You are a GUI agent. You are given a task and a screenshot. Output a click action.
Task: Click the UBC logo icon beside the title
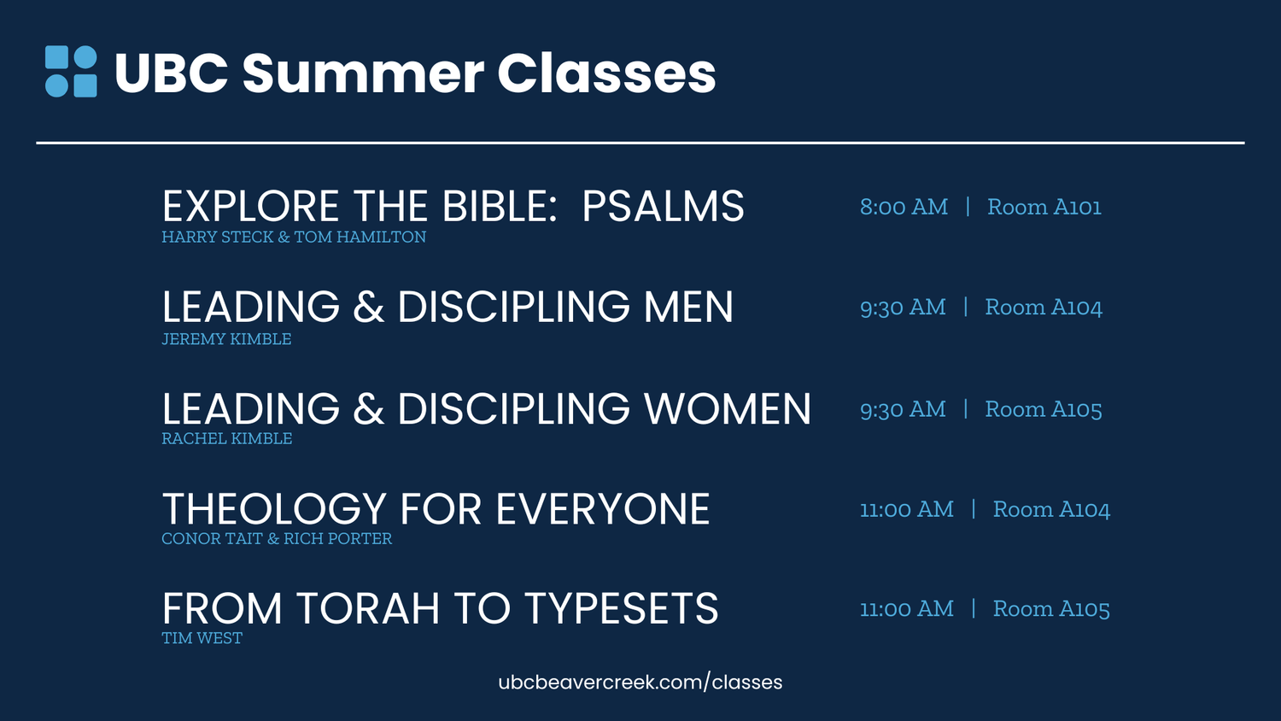click(x=71, y=72)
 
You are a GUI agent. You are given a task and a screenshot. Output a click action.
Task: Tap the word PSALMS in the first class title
click(x=663, y=207)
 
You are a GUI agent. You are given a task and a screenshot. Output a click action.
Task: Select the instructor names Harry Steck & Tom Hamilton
click(x=294, y=237)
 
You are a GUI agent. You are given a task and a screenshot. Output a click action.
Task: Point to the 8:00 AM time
click(x=904, y=208)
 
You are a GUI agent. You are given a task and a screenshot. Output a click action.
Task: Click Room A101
click(x=1044, y=208)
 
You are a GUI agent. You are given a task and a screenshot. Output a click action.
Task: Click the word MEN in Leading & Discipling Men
click(x=688, y=308)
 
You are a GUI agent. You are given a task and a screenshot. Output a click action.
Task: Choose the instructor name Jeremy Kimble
click(x=226, y=339)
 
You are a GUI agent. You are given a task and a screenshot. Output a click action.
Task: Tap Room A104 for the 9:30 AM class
click(x=1043, y=308)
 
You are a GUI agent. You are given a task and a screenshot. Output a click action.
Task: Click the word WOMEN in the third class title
click(x=728, y=409)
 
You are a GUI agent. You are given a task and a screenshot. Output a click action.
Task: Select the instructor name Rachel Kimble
click(x=226, y=438)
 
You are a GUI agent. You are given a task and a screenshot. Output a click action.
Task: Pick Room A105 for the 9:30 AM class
click(x=1043, y=410)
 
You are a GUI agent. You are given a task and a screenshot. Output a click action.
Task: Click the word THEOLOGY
click(x=274, y=510)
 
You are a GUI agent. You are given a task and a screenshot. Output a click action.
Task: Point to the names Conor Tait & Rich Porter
click(x=277, y=539)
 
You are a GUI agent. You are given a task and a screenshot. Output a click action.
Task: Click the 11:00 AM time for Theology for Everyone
click(x=906, y=510)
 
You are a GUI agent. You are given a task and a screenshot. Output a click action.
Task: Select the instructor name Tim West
click(x=202, y=638)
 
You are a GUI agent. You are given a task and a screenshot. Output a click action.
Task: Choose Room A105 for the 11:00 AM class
click(x=1050, y=609)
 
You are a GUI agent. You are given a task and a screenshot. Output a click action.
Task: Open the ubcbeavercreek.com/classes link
click(x=640, y=683)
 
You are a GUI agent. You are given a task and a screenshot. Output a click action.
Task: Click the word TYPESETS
click(x=621, y=609)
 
